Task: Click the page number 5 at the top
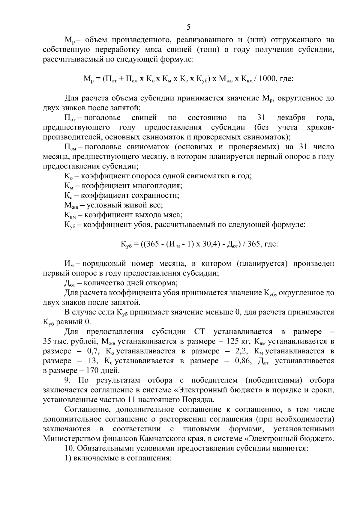[x=188, y=27]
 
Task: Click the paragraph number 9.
[x=67, y=380]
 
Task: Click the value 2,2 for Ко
[x=242, y=351]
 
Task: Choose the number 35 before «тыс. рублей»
[x=47, y=341]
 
